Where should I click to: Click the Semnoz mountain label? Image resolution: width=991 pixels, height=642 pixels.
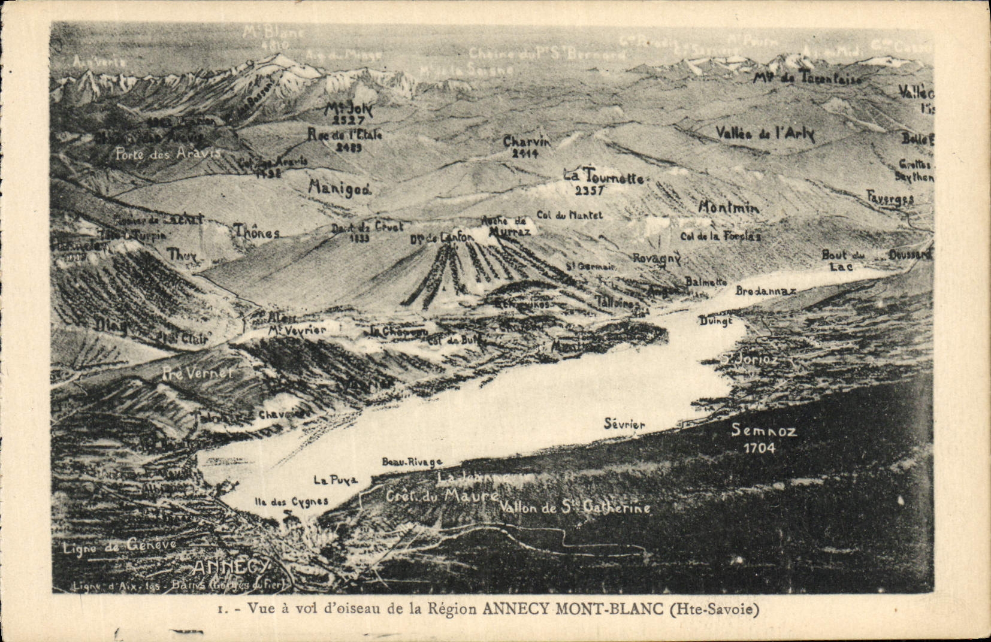[763, 430]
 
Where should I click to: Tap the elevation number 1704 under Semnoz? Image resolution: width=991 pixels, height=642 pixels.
[759, 448]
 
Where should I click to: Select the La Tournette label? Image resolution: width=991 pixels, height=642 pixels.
[603, 178]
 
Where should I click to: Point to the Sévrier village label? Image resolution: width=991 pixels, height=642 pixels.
[624, 425]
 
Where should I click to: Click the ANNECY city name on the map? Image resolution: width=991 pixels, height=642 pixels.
[231, 567]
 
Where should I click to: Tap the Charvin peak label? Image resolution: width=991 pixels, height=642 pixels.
[525, 142]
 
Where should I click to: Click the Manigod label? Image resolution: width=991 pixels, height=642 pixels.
[340, 188]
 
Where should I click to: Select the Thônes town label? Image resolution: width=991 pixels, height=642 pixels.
[256, 232]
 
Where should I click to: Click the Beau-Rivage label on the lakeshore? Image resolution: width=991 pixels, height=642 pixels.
[412, 462]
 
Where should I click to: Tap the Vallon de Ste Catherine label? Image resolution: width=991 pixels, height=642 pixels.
[575, 508]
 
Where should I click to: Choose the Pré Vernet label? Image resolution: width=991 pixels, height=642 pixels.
[197, 373]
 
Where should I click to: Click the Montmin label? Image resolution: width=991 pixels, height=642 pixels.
[729, 208]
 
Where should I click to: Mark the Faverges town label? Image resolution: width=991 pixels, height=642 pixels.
[890, 198]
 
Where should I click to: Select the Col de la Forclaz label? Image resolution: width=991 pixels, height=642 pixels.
[720, 236]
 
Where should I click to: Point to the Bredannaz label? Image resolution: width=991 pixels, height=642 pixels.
[765, 291]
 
